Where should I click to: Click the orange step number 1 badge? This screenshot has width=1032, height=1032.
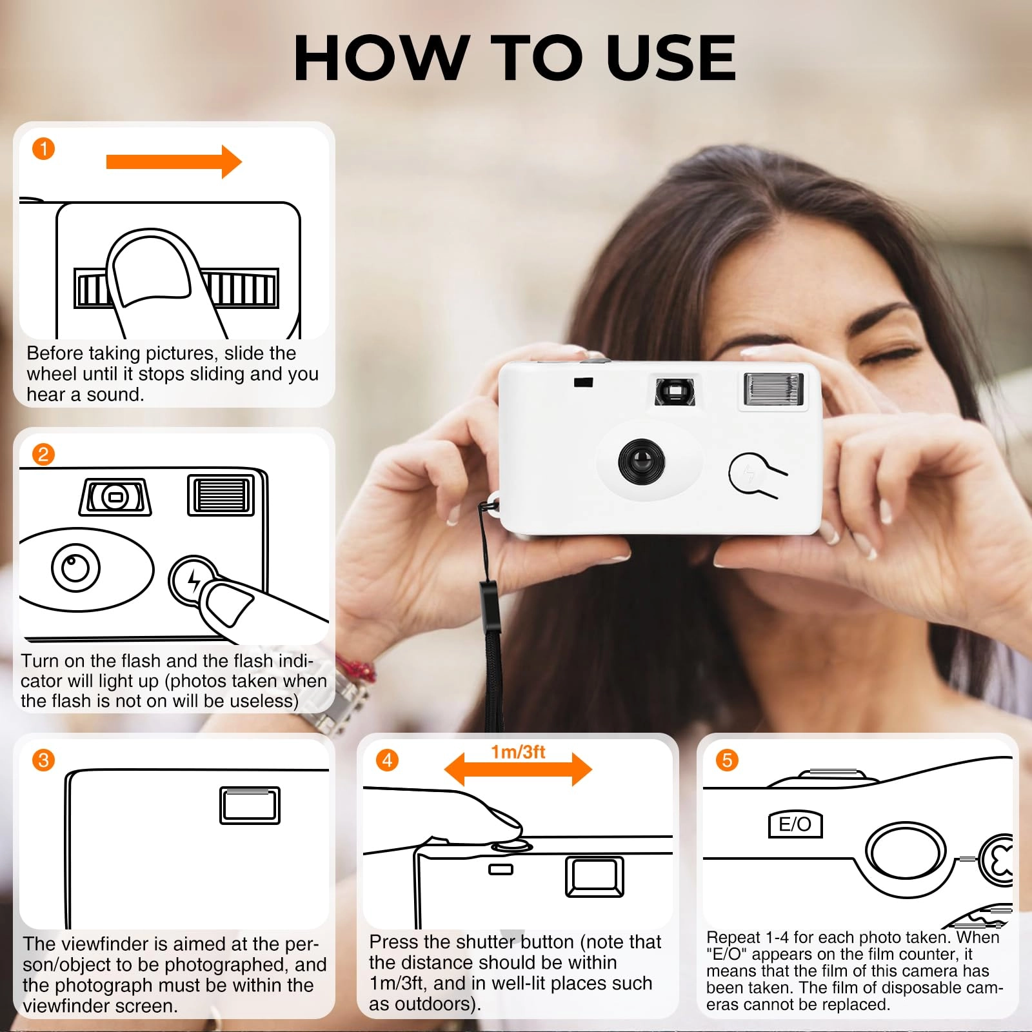coord(44,149)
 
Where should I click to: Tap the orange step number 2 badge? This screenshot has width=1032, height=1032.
coord(43,454)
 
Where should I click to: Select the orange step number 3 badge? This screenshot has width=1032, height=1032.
coord(43,760)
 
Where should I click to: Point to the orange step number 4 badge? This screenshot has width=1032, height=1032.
coord(387,760)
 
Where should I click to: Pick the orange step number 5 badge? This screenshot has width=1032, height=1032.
coord(727,760)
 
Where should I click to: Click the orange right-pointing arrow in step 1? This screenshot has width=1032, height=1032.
coord(174,161)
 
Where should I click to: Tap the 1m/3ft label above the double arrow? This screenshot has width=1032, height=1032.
coord(518,752)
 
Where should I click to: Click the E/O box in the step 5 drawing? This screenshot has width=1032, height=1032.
coord(795,824)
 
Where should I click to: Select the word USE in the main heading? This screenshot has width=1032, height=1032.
coord(671,58)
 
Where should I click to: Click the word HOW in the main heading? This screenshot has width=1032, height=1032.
coord(381,58)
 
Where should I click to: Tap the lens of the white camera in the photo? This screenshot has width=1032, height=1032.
coord(641,461)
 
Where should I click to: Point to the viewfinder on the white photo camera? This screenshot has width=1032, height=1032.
coord(675,391)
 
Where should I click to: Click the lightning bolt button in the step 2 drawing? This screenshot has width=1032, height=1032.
coord(192,580)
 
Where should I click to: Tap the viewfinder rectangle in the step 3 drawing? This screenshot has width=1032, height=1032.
coord(250,806)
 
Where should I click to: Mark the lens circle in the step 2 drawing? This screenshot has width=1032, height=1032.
coord(75,568)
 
